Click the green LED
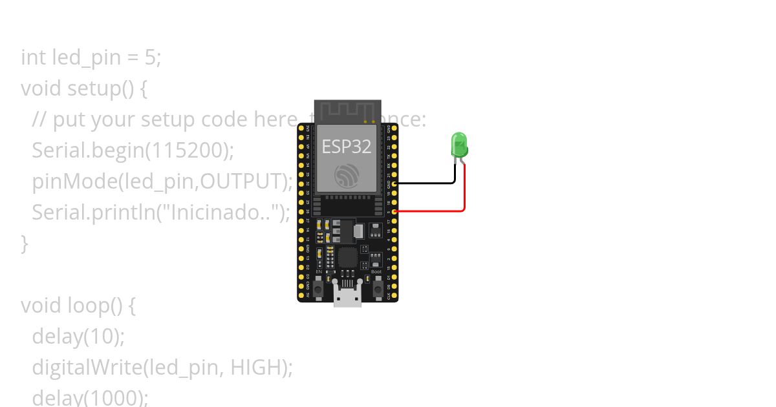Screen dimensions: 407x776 pyautogui.click(x=458, y=145)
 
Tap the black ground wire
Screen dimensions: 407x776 pyautogui.click(x=427, y=183)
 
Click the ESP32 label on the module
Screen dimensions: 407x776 pyautogui.click(x=347, y=147)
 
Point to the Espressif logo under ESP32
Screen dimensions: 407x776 pyautogui.click(x=347, y=176)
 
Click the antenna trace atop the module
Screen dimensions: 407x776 pyautogui.click(x=347, y=110)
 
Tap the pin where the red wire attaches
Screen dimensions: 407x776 pyautogui.click(x=394, y=211)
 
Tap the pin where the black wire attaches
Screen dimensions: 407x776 pyautogui.click(x=394, y=183)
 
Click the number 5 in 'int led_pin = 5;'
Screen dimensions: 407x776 pyautogui.click(x=149, y=57)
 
